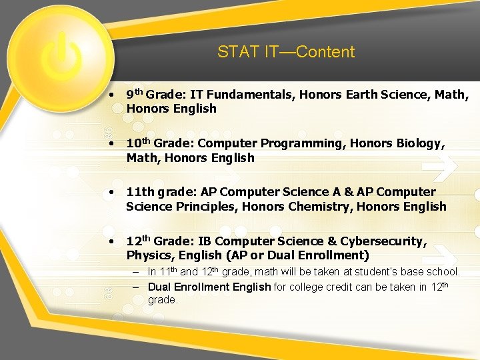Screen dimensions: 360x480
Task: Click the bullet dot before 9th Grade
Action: pyautogui.click(x=115, y=95)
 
